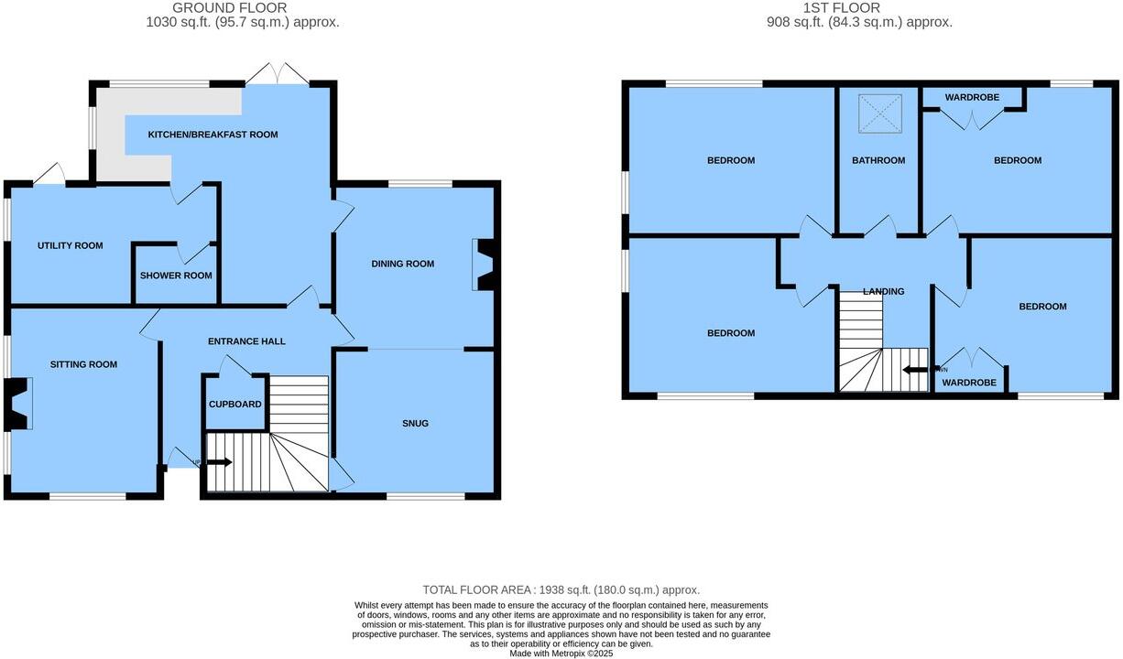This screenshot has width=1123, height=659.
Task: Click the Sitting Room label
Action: coord(83,364)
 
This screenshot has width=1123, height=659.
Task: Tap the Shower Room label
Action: coord(176,275)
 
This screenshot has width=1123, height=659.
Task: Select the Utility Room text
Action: coord(70,245)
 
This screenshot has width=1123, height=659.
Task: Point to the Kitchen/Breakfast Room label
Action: coord(213,135)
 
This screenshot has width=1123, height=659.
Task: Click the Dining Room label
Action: coord(402,264)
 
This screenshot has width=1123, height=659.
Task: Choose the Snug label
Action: coord(415,423)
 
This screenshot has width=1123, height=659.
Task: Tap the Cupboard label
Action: coord(235,405)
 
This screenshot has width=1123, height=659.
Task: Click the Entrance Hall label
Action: coord(246,341)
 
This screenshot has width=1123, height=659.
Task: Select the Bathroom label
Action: coord(878,160)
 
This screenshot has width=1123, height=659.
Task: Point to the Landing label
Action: coord(883,291)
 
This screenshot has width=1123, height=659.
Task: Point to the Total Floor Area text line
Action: coord(561,590)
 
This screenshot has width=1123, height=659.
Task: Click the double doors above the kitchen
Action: coord(276,74)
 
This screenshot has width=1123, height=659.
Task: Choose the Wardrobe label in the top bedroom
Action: coord(972,97)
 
